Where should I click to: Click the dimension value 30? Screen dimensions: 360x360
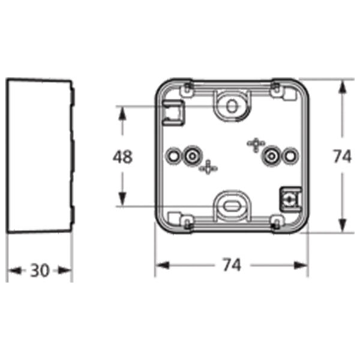(x=40, y=271)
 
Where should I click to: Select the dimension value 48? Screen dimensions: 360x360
(x=123, y=157)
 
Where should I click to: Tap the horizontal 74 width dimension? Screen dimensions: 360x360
(x=231, y=265)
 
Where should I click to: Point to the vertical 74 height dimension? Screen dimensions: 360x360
(x=341, y=157)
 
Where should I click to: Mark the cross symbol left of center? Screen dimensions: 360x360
(x=208, y=168)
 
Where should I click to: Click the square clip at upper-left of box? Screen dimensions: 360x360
(x=174, y=112)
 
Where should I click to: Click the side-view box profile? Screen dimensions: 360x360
(x=39, y=156)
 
